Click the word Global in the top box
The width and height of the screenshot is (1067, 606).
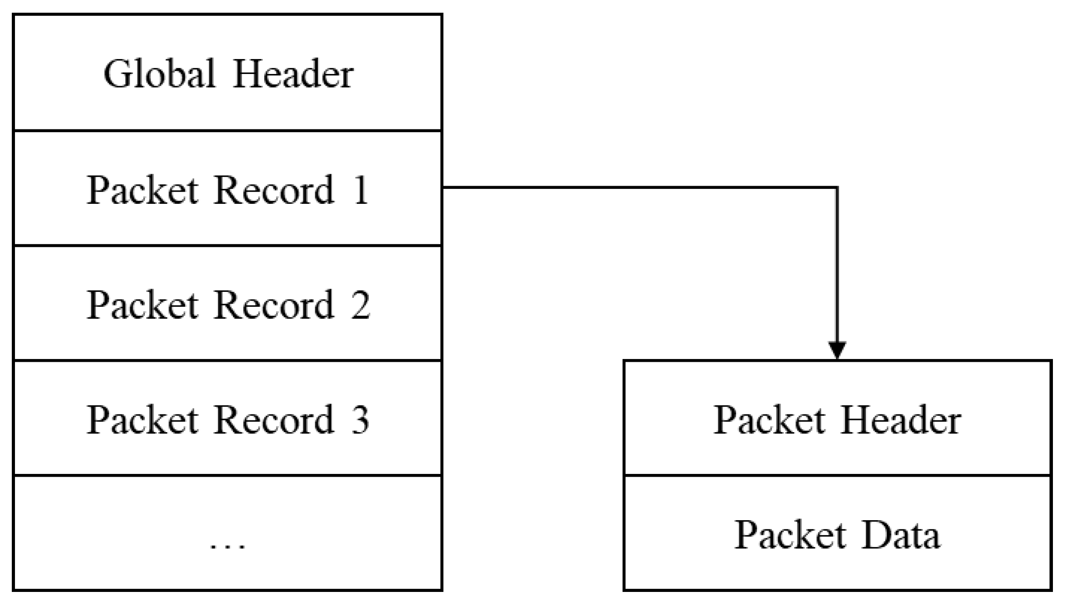[x=159, y=74]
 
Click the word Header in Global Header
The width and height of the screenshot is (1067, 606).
[x=293, y=74]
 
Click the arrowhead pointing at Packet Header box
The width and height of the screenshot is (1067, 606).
[x=837, y=349]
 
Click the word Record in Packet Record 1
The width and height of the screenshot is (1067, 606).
[x=274, y=190]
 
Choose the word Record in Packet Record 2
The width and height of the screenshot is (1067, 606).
[x=274, y=305]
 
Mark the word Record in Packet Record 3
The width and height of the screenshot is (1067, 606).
[x=274, y=420]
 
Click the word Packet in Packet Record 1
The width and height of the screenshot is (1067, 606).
[x=142, y=190]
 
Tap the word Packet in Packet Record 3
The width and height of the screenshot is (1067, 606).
[x=142, y=420]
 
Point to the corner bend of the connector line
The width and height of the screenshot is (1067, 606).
[x=837, y=187]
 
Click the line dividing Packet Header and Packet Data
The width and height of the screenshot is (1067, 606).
[x=838, y=475]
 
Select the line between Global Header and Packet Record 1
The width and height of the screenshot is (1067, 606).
[x=227, y=131]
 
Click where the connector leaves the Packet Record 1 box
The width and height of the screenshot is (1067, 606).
[x=443, y=187]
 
